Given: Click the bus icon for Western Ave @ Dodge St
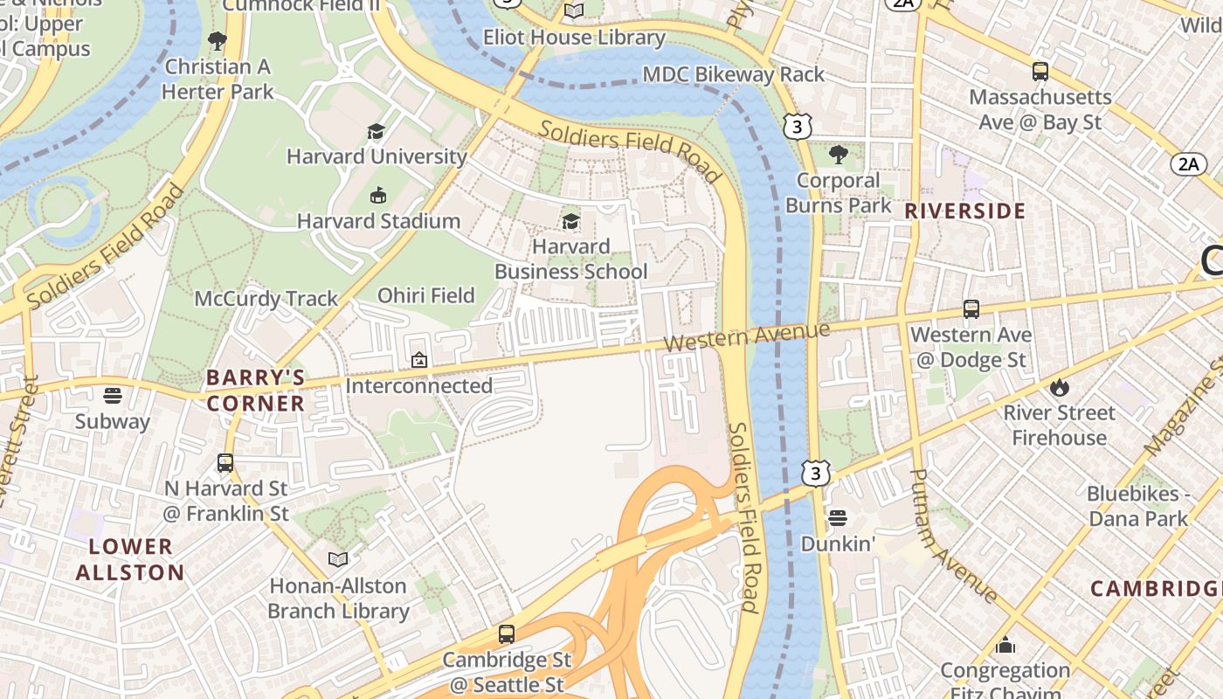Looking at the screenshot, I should (x=971, y=309).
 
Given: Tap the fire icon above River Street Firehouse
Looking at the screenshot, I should (x=1059, y=387).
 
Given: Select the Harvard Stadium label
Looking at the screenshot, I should (x=378, y=221).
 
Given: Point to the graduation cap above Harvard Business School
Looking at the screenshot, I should (x=570, y=221).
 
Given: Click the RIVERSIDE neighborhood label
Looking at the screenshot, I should (x=964, y=211).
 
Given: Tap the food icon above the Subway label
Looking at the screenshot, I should (x=112, y=396).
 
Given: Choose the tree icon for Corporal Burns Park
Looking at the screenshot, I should (x=838, y=156).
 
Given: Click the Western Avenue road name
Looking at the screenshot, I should (x=746, y=336).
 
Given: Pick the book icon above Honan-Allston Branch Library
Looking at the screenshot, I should (x=338, y=559).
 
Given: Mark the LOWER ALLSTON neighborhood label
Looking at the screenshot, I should (x=130, y=560).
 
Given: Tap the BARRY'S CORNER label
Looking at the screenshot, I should (x=256, y=391).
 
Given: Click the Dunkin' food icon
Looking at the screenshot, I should (x=837, y=518).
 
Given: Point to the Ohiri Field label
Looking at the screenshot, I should (x=425, y=295).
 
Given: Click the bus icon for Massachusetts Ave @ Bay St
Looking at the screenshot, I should (x=1040, y=72).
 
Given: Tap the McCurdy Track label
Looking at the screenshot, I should (x=266, y=299).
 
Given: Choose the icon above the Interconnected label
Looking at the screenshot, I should (x=419, y=360).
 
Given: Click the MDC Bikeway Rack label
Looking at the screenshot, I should (x=733, y=74).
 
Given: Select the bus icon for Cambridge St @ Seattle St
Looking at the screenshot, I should (x=506, y=634).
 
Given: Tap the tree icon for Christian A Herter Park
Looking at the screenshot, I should (x=218, y=41).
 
